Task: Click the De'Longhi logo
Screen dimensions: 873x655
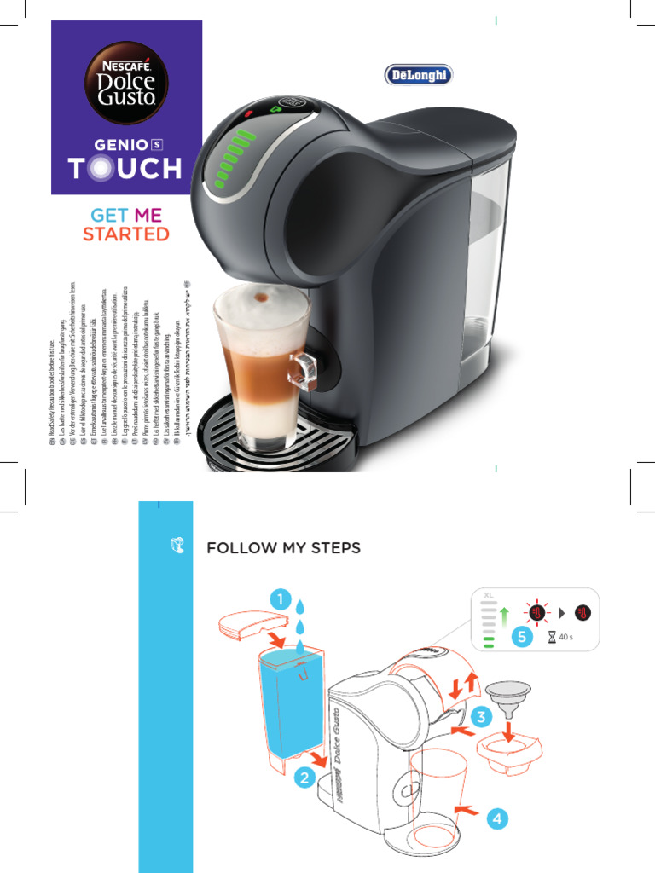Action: [417, 75]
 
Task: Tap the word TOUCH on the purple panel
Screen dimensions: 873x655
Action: [126, 168]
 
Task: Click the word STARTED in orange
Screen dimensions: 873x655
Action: [126, 234]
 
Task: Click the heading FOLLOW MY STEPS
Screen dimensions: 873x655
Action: [284, 547]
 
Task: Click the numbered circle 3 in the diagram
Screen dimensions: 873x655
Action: [482, 719]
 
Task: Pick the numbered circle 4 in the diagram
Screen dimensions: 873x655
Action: [499, 819]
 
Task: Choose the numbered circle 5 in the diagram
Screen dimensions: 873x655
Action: [522, 636]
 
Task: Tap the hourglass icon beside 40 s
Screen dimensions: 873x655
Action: [552, 637]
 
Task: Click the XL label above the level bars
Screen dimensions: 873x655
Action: [489, 595]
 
